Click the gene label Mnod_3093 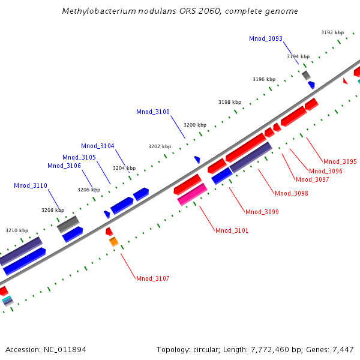[x=265, y=38]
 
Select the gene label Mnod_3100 [x=152, y=112]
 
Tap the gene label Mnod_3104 [x=97, y=146]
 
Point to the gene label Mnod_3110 [x=30, y=185]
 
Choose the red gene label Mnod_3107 [x=152, y=278]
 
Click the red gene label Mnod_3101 [x=232, y=230]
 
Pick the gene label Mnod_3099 [x=262, y=212]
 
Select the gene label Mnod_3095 [x=340, y=161]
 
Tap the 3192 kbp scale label [x=332, y=32]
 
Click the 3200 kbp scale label [x=195, y=125]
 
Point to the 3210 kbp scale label [x=17, y=230]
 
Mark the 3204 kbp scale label [x=124, y=168]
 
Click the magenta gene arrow [x=193, y=195]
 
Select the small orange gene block [x=113, y=242]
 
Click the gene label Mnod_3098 [x=291, y=193]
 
